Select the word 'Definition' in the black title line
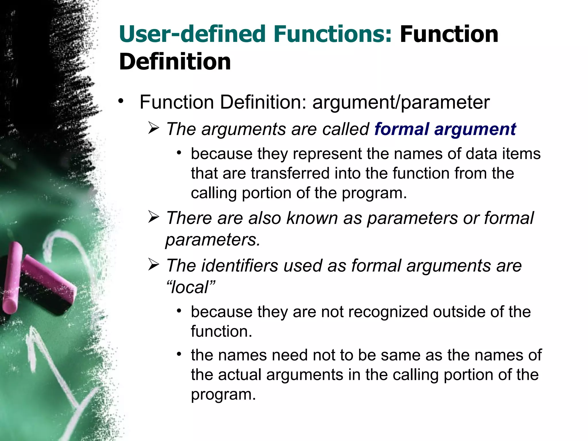(175, 62)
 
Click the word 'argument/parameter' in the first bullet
(401, 102)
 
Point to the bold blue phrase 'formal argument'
(445, 129)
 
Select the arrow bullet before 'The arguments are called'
(154, 128)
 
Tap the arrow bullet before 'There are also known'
(154, 217)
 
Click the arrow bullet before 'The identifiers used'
(154, 265)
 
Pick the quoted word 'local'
(191, 287)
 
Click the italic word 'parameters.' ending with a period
(213, 240)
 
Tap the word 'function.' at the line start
(221, 332)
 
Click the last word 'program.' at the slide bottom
(223, 394)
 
